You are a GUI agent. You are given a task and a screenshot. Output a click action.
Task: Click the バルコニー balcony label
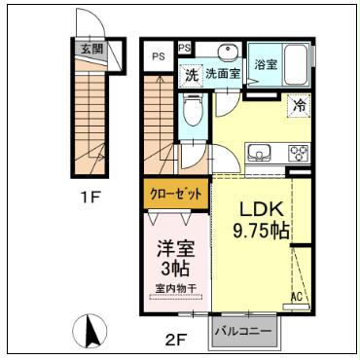click(x=243, y=329)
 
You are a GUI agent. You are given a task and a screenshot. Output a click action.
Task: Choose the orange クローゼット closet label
click(x=176, y=194)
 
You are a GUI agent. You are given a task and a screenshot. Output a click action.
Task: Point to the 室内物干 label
click(x=175, y=288)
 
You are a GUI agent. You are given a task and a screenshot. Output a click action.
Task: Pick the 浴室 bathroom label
click(x=266, y=65)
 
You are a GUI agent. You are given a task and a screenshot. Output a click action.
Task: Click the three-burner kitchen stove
click(x=295, y=154)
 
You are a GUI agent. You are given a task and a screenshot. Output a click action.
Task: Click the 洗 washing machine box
click(x=191, y=74)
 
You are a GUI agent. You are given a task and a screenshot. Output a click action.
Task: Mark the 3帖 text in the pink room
click(x=175, y=268)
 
